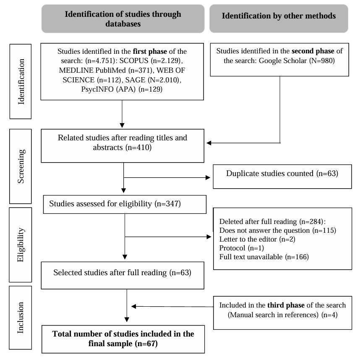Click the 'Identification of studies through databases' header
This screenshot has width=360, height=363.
pos(123,19)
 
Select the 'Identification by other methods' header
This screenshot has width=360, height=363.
pos(279,18)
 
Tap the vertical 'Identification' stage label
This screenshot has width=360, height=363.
pos(21,82)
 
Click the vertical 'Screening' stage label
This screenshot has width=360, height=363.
pos(21,166)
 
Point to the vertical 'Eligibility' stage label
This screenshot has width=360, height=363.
pos(21,245)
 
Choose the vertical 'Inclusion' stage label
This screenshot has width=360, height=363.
pos(21,318)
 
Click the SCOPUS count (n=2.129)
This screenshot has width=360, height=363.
pos(167,60)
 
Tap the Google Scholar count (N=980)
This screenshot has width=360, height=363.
pos(322,60)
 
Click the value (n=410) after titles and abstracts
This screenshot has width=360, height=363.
pos(138,147)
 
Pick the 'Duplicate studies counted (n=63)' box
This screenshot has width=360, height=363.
pos(282,176)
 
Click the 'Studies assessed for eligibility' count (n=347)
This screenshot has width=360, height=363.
pos(168,204)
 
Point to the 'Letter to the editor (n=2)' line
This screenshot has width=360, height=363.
pos(257,239)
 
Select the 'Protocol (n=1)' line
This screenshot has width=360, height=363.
pos(242,248)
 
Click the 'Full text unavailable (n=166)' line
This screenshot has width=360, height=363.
pos(264,257)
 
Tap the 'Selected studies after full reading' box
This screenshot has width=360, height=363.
pos(123,276)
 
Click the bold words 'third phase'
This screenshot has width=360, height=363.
pos(286,305)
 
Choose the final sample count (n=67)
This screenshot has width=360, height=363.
pos(146,344)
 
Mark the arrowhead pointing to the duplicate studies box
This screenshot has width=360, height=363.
pos(208,178)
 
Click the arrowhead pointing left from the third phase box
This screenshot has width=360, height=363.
pos(134,306)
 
